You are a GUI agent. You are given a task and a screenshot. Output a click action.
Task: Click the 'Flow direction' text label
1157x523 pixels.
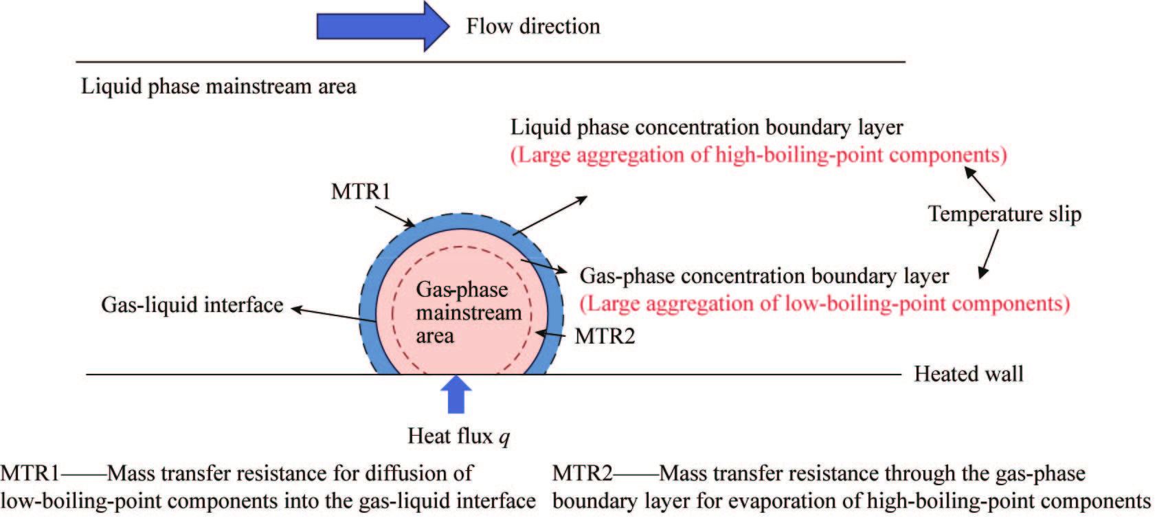pyautogui.click(x=533, y=27)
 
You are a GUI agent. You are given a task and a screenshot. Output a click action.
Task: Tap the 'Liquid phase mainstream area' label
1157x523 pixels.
pyautogui.click(x=218, y=87)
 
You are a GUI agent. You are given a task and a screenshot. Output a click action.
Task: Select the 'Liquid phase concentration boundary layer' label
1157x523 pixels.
pyautogui.click(x=706, y=127)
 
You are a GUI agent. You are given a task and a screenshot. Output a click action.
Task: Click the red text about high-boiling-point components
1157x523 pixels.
pyautogui.click(x=759, y=155)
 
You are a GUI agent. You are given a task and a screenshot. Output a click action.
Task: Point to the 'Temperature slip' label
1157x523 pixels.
pyautogui.click(x=1004, y=214)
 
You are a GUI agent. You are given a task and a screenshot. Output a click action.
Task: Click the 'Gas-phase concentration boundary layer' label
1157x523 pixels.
pyautogui.click(x=764, y=276)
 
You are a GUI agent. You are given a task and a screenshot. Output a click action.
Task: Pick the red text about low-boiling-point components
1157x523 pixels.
pyautogui.click(x=824, y=304)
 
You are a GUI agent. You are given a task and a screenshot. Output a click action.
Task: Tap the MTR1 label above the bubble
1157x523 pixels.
pyautogui.click(x=360, y=191)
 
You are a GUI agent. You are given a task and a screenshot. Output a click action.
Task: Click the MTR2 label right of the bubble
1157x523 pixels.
pyautogui.click(x=605, y=336)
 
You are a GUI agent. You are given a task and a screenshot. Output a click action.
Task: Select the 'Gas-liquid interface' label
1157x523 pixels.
pyautogui.click(x=192, y=305)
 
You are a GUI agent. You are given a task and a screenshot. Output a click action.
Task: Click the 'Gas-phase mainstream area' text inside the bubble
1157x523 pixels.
pyautogui.click(x=467, y=313)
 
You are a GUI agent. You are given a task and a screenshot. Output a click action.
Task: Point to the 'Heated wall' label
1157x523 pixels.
pyautogui.click(x=968, y=374)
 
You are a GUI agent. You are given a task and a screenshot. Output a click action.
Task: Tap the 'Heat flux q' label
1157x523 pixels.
pyautogui.click(x=458, y=436)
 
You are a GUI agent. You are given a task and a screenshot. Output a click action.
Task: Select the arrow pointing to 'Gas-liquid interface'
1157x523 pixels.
pyautogui.click(x=333, y=315)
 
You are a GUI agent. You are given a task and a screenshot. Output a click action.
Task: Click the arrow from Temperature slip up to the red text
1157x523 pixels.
pyautogui.click(x=980, y=183)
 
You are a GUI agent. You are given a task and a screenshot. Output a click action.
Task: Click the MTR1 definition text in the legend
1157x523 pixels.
pyautogui.click(x=268, y=487)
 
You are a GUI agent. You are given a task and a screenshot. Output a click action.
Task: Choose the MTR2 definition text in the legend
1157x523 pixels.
pyautogui.click(x=851, y=487)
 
